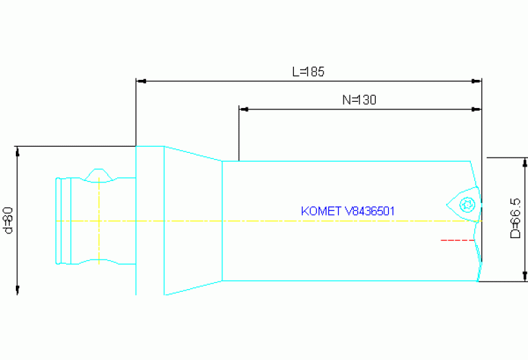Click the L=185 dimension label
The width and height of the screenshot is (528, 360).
[308, 71]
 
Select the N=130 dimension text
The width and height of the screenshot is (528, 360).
[359, 100]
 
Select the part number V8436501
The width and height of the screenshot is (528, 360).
[368, 211]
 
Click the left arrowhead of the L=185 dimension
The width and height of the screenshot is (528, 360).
[141, 81]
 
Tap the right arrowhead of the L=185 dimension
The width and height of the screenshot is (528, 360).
[476, 81]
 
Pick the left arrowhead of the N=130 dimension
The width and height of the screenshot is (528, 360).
[243, 109]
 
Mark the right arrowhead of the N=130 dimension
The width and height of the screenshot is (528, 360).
[476, 109]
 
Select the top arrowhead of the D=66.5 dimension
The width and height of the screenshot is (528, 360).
[526, 163]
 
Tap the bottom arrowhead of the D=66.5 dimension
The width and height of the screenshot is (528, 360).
[526, 276]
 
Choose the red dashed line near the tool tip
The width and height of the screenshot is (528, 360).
[457, 240]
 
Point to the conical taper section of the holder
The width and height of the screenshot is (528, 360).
[193, 220]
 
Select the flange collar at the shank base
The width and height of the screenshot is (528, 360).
[149, 220]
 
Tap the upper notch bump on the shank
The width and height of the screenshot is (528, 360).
[100, 173]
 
